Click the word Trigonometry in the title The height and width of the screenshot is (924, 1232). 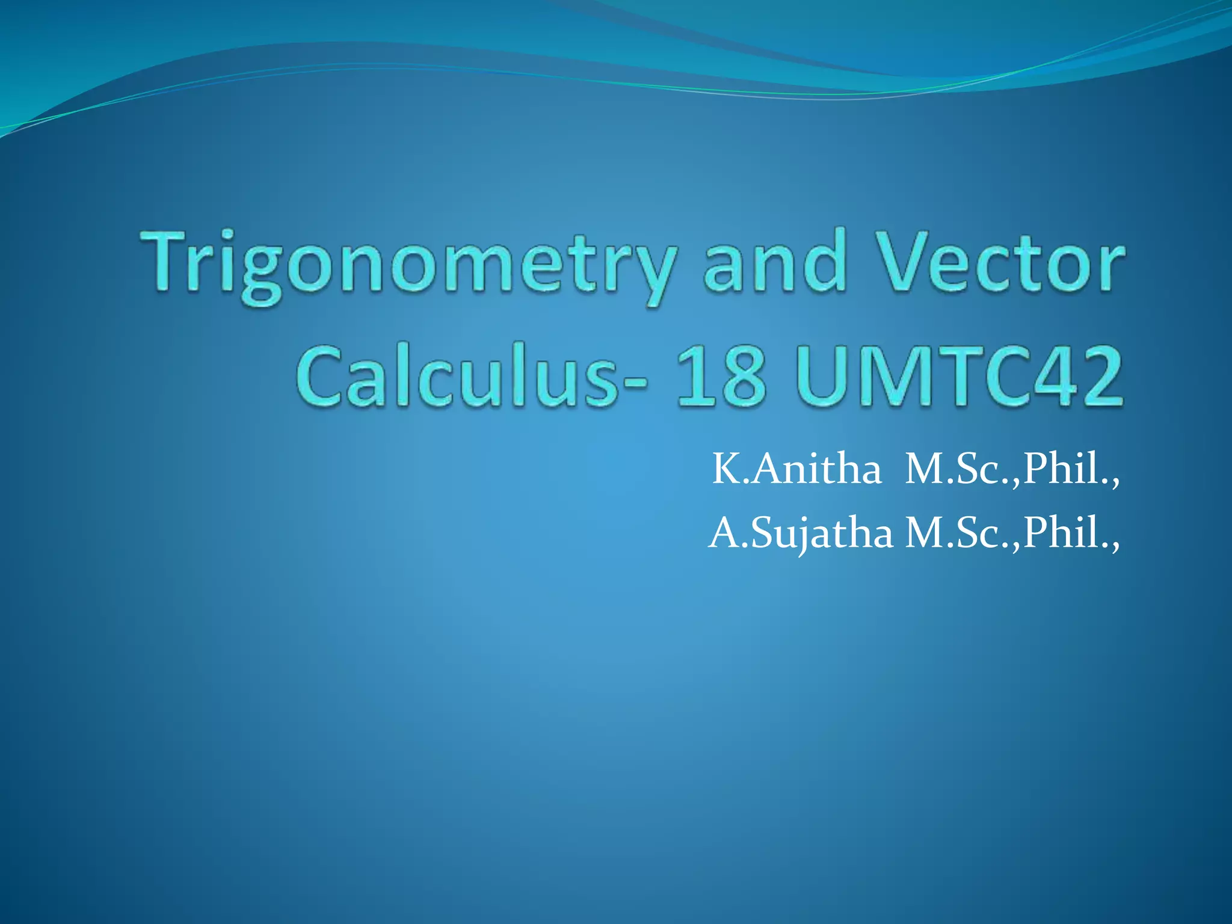pyautogui.click(x=408, y=265)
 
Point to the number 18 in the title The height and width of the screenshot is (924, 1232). pyautogui.click(x=721, y=376)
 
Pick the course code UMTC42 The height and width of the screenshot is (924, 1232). pyautogui.click(x=959, y=376)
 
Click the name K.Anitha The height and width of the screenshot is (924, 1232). pyautogui.click(x=796, y=469)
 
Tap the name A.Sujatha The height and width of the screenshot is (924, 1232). pyautogui.click(x=801, y=534)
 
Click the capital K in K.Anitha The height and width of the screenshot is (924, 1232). pyautogui.click(x=725, y=469)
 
